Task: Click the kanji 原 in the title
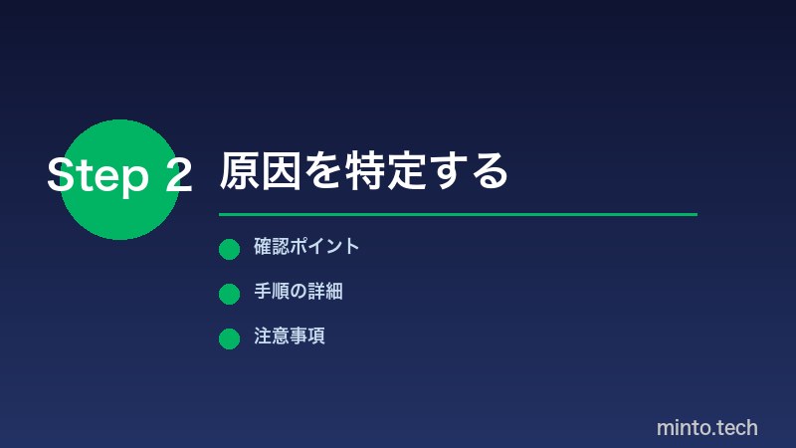[x=240, y=172]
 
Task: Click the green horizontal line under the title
[x=458, y=214]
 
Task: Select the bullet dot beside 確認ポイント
[x=229, y=249]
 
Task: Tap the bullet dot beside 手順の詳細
[x=229, y=294]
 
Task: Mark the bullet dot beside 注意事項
[x=229, y=338]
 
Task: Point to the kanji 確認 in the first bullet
[x=271, y=247]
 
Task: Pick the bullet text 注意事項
[x=289, y=336]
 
